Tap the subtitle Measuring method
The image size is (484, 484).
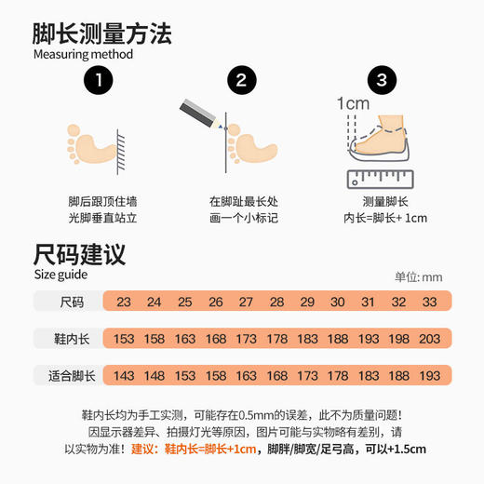coord(83,54)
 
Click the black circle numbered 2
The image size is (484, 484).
coord(241,81)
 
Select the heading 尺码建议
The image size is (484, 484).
coord(79,253)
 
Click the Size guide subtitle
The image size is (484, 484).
coord(60,275)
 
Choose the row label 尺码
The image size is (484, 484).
coord(72,302)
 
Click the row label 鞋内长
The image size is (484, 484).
coord(72,339)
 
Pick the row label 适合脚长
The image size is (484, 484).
coord(72,376)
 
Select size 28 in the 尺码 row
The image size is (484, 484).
coord(276,302)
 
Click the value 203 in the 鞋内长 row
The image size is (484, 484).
coord(429,339)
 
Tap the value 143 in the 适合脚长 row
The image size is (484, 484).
coord(124,376)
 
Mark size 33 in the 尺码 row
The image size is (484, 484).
coord(429,302)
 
